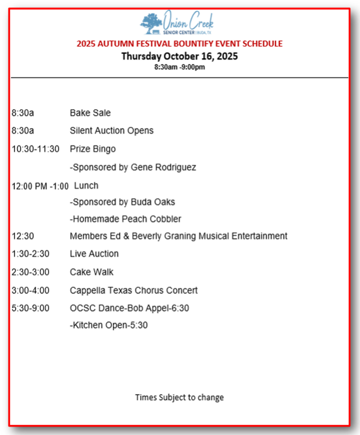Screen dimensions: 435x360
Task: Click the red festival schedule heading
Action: pos(179,44)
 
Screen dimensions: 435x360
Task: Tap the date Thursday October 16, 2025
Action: pos(179,56)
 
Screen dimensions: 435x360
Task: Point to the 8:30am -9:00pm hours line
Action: pos(179,67)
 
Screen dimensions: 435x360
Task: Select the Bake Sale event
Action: pos(90,113)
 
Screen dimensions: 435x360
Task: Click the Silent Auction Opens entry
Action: pos(112,131)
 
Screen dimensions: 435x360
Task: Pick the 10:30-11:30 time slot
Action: pos(35,149)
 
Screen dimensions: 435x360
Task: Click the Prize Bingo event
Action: pos(92,149)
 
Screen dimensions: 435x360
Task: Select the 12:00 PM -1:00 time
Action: pos(40,186)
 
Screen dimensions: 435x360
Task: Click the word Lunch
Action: pos(86,186)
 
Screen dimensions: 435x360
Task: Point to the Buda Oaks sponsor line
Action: pos(122,202)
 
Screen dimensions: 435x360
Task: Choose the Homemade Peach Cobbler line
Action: pos(125,219)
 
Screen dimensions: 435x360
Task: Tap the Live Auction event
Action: pos(94,254)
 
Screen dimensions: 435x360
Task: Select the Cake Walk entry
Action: pos(92,272)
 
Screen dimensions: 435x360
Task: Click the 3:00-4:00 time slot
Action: pos(30,291)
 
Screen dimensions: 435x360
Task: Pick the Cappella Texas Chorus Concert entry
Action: pos(134,291)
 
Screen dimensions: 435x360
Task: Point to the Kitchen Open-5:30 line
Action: pos(109,326)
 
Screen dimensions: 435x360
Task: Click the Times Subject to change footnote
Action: pos(179,398)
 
